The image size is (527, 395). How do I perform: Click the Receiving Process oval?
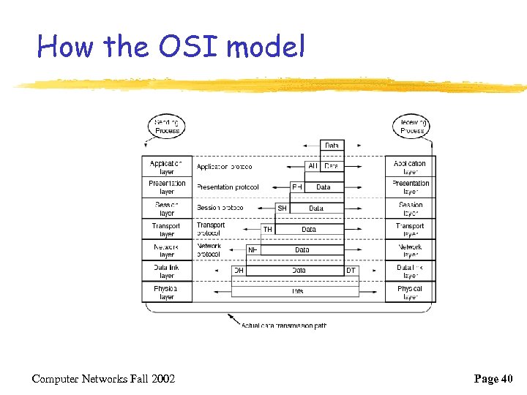[x=412, y=126]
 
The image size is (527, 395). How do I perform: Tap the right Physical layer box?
[x=410, y=293]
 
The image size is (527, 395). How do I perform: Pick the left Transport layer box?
[x=167, y=230]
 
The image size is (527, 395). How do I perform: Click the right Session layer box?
[x=410, y=209]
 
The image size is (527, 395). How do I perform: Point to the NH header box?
[x=253, y=250]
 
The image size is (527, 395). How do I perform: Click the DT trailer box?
[x=351, y=271]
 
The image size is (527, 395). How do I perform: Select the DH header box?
[x=239, y=271]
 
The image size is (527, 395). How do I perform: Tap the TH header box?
[x=268, y=230]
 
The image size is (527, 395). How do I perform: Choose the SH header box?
[x=283, y=208]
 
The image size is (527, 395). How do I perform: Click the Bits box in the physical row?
[x=298, y=291]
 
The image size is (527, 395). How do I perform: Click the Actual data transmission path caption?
[x=284, y=326]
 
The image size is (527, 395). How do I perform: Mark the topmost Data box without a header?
[x=332, y=146]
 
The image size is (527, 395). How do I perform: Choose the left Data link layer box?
[x=167, y=271]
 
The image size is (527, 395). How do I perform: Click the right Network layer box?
[x=410, y=251]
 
